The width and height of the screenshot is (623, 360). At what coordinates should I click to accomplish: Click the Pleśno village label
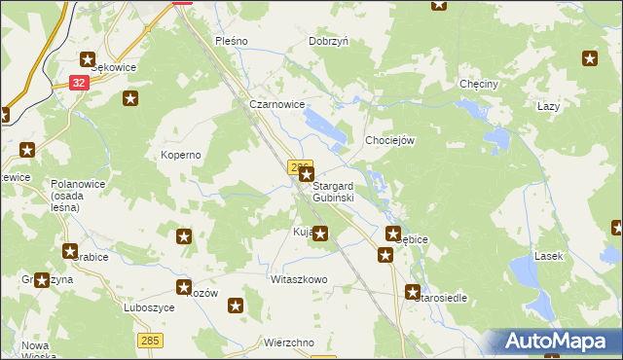[232, 41]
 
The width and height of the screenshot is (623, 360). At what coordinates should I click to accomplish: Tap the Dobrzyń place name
[328, 41]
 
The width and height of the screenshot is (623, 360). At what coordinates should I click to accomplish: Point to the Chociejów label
[390, 140]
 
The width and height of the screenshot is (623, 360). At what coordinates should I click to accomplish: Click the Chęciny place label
[479, 85]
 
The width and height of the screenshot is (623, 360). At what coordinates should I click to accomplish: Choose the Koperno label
[180, 155]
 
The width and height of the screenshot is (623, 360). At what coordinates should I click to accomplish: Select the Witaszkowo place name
[299, 279]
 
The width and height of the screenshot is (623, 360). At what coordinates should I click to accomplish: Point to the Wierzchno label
[288, 343]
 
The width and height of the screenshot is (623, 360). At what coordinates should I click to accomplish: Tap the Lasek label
[547, 256]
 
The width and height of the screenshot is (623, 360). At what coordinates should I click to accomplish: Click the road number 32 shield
[80, 84]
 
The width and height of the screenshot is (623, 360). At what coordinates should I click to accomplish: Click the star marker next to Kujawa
[319, 234]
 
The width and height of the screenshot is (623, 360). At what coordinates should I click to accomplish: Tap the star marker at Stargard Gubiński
[306, 175]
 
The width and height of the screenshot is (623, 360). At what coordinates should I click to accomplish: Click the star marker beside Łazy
[589, 59]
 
